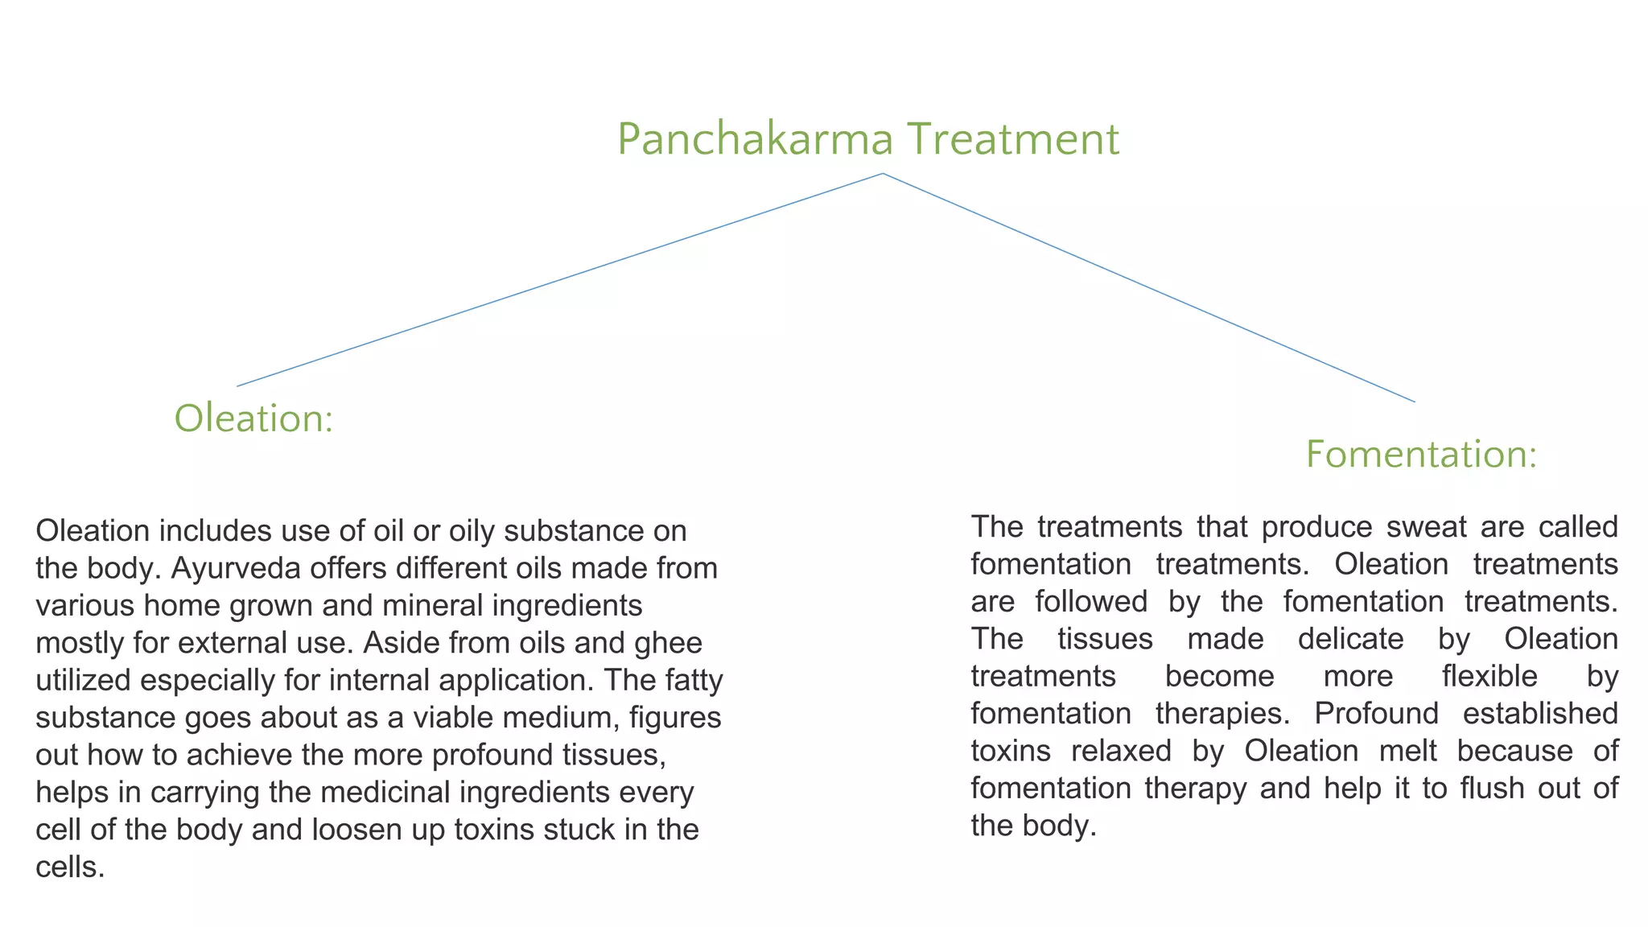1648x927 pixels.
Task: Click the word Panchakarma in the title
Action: point(755,139)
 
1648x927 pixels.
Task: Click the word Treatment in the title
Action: point(1012,139)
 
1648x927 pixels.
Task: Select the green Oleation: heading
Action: point(253,419)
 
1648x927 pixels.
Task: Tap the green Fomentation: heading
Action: point(1421,455)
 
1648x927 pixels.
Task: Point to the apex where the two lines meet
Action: point(883,174)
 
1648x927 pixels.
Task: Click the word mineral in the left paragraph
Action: point(434,606)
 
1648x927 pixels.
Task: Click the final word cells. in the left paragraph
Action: point(71,867)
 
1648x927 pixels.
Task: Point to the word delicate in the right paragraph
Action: point(1351,639)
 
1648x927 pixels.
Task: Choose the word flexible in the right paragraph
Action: point(1489,677)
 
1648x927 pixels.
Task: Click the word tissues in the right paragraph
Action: point(1105,639)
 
